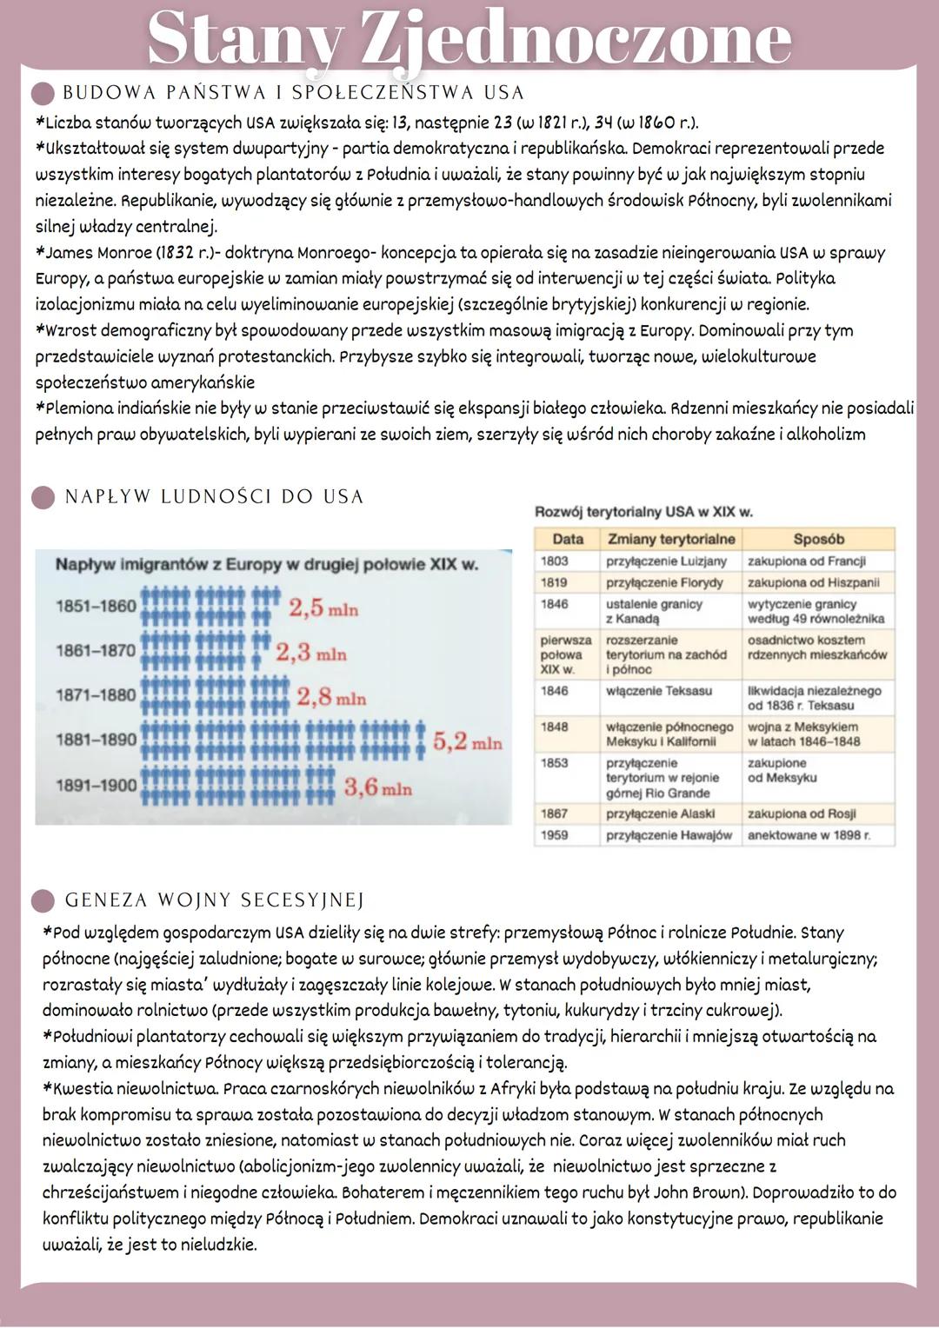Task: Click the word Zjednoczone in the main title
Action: click(x=575, y=39)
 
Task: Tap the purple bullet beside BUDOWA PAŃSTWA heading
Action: click(x=43, y=93)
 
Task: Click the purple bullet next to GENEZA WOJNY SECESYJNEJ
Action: click(x=43, y=900)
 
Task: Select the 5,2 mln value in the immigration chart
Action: click(x=467, y=741)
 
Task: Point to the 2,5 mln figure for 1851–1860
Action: click(x=323, y=608)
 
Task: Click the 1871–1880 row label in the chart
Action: click(x=96, y=694)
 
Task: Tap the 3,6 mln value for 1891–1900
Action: click(x=378, y=787)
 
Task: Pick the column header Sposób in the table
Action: click(x=818, y=539)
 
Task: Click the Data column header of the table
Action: click(x=568, y=539)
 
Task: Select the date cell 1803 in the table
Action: click(x=555, y=561)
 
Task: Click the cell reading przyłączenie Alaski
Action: click(x=660, y=813)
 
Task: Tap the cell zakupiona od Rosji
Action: click(x=802, y=813)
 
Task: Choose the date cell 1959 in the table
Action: click(x=555, y=835)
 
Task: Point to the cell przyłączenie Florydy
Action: click(x=664, y=582)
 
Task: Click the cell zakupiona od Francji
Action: click(x=806, y=561)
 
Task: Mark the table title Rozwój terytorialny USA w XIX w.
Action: click(x=643, y=512)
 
